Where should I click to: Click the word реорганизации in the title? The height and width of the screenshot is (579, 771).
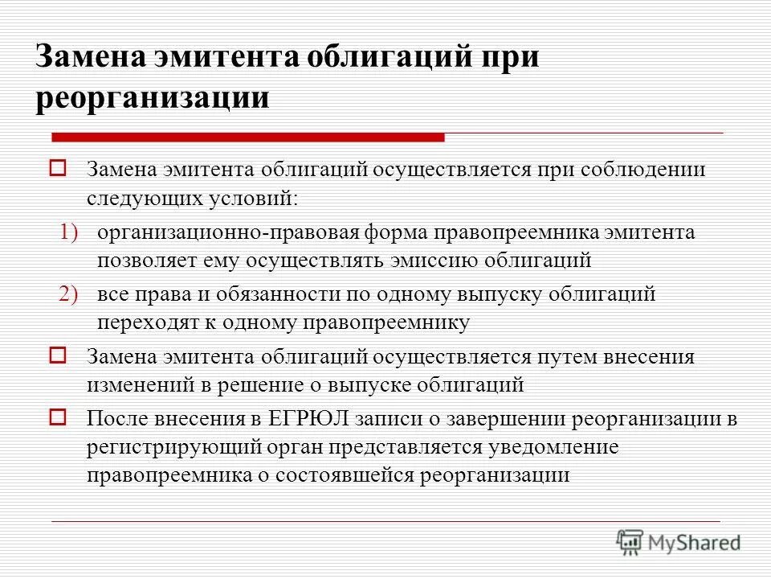pos(153,97)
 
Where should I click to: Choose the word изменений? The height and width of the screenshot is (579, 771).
pos(136,384)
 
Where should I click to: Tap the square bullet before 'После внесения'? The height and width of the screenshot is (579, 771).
pos(58,417)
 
